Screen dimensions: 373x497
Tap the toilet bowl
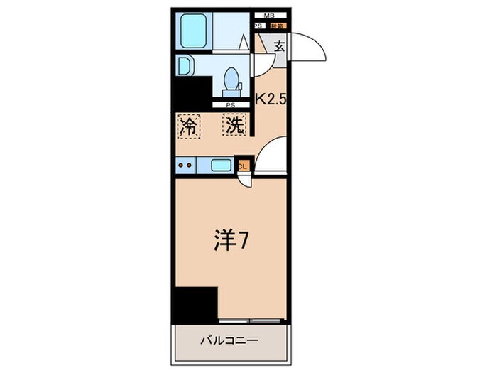point(231,77)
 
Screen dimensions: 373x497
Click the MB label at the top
point(269,15)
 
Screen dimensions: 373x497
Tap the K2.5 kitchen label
point(271,100)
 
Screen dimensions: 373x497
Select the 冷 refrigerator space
point(189,126)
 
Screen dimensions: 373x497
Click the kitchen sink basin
point(221,166)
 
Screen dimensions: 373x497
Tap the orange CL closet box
point(243,166)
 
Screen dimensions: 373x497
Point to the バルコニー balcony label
point(229,340)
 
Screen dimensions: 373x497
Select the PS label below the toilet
point(230,106)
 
